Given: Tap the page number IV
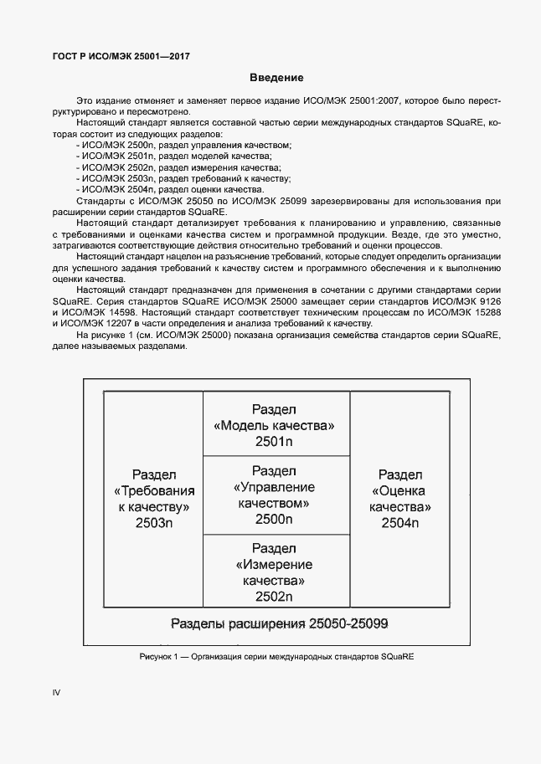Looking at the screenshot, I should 57,692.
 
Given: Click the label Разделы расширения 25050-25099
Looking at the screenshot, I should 279,624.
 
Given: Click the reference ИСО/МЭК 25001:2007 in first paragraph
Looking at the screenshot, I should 359,100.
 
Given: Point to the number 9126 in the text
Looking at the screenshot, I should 489,299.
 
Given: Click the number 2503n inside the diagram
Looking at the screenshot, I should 153,524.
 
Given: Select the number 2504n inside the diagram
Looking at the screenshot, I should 399,524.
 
